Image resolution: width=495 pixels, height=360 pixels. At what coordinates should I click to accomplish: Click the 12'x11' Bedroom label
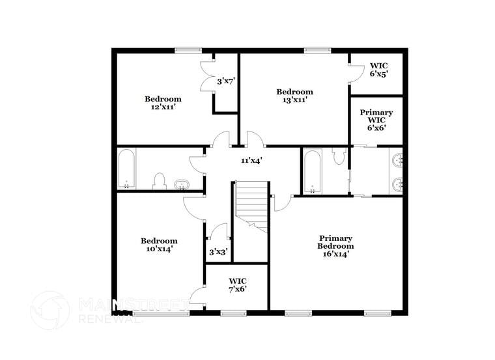click(160, 103)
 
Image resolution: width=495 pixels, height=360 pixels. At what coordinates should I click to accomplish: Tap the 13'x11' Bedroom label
click(294, 96)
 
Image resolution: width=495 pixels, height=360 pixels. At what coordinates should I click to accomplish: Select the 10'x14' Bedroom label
click(159, 245)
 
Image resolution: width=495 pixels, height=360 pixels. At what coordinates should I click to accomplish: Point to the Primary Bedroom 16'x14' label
click(335, 246)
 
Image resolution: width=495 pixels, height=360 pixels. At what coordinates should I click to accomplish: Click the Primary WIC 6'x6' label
click(376, 120)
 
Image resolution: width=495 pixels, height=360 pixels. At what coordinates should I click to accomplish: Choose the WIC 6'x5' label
click(379, 70)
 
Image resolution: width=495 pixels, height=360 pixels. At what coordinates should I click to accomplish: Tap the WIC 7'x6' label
click(237, 285)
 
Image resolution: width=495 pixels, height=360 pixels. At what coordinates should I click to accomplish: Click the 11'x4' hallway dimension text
click(251, 160)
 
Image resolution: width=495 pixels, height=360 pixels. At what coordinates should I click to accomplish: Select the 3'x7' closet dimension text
click(225, 81)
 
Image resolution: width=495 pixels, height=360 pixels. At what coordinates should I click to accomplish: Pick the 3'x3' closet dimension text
click(218, 251)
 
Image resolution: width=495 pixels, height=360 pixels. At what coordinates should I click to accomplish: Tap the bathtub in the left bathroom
click(127, 169)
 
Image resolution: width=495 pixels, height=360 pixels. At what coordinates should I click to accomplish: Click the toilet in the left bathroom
click(159, 180)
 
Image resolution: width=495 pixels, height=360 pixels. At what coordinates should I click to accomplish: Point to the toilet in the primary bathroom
click(338, 156)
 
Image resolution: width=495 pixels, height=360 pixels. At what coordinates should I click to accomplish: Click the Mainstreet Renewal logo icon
click(50, 310)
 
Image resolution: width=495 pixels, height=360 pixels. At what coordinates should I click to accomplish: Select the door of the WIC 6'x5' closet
click(356, 73)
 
